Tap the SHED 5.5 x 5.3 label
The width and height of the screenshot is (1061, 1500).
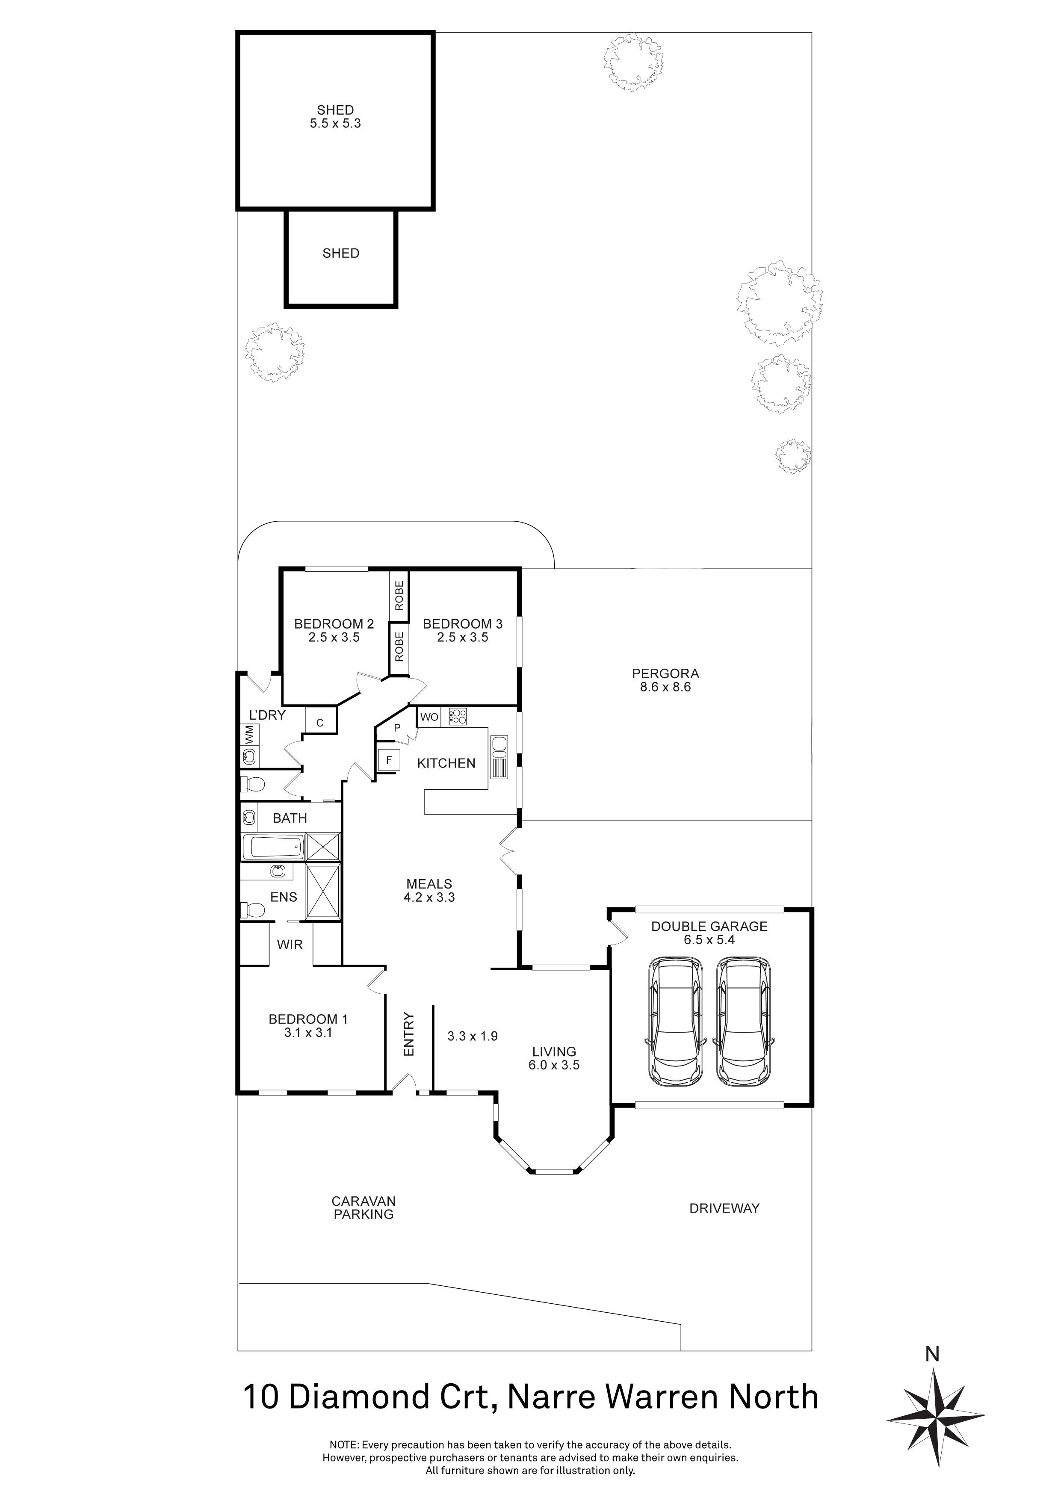335,117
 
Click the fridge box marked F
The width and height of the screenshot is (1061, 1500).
389,760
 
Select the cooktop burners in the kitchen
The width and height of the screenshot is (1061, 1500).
458,717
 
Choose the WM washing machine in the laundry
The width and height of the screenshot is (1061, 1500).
249,734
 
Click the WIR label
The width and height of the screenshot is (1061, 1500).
290,945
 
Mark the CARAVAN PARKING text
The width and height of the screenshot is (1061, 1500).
363,1208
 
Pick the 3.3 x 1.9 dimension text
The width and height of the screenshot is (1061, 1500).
473,1036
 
